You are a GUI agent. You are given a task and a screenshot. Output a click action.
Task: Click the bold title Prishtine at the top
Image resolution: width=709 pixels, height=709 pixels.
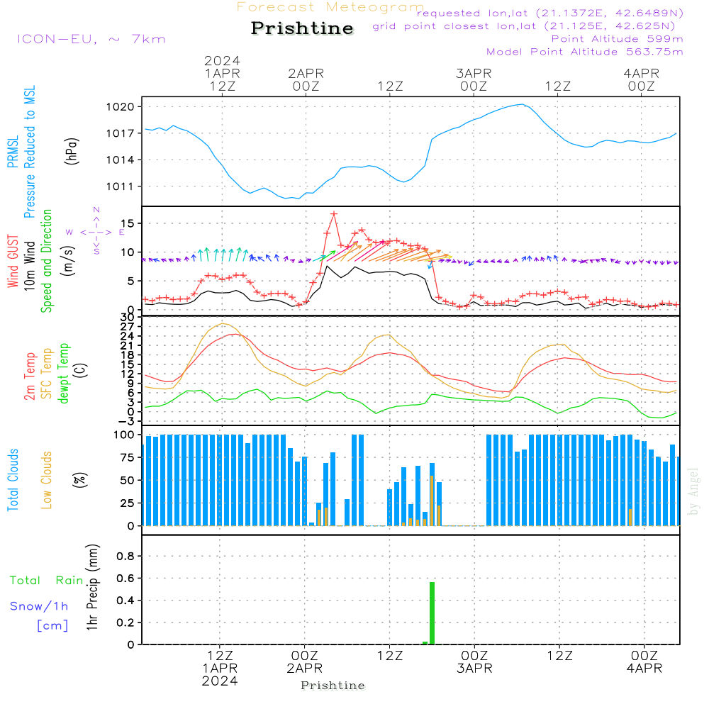pos(302,28)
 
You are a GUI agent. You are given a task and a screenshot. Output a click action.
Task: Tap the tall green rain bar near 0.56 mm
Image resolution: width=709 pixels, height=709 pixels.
pos(432,613)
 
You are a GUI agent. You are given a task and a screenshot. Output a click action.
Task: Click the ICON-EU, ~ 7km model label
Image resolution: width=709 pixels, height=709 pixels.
pos(91,39)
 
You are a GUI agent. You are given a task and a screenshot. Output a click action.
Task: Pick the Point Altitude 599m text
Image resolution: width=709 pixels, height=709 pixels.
pos(617,39)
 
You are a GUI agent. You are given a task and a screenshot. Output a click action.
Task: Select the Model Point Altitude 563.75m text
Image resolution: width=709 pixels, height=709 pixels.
pos(585,52)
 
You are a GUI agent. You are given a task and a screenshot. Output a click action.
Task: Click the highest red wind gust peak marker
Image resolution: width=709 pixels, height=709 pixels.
pos(333,213)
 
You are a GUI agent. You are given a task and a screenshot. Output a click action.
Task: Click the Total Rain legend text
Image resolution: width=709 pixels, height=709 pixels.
pos(46,581)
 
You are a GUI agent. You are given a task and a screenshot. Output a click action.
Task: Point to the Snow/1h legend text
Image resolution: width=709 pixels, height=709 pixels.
pos(39,606)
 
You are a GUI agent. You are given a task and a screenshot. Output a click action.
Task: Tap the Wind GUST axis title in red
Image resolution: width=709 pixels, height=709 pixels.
pos(13,262)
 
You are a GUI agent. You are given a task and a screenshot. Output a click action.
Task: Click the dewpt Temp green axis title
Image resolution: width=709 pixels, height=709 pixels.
pos(64,374)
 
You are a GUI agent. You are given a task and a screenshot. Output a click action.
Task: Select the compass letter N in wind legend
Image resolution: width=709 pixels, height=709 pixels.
pos(96,210)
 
